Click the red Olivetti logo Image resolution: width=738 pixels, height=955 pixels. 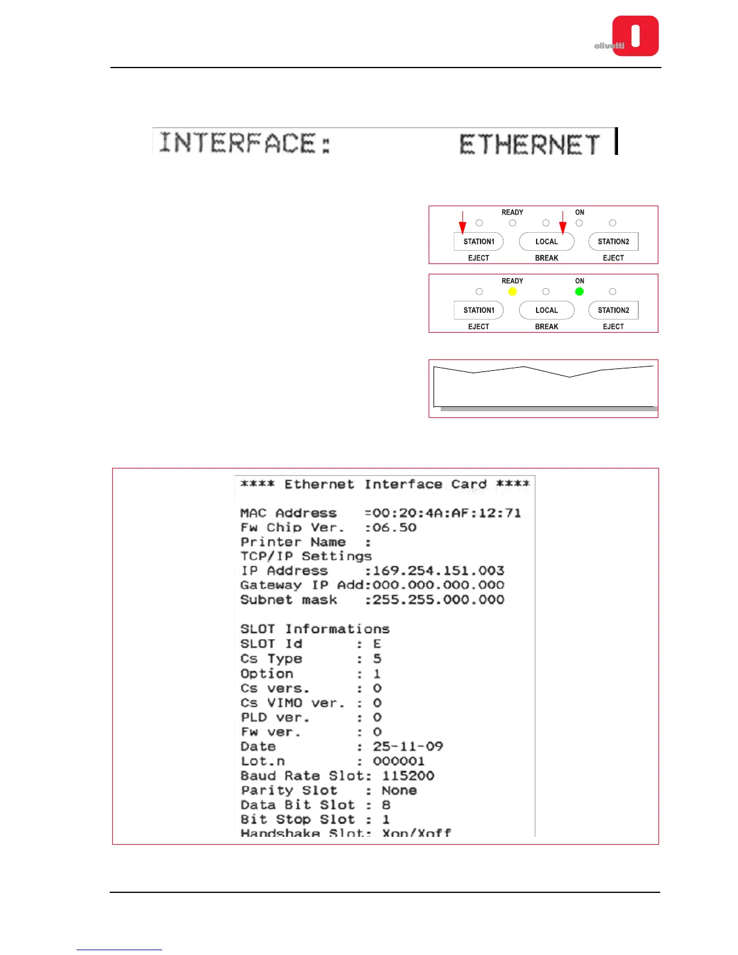635,36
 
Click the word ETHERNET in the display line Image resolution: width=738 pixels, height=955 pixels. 529,145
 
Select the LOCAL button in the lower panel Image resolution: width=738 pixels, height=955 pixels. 546,310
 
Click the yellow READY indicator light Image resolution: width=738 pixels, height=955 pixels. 512,292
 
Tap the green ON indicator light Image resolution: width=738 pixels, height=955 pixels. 579,292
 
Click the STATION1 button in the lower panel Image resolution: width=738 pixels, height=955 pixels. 479,310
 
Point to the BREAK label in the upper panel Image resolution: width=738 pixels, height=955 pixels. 546,258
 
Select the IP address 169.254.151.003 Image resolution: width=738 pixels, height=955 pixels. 438,570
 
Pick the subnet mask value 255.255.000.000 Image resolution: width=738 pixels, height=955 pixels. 438,599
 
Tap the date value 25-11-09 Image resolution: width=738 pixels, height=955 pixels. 408,746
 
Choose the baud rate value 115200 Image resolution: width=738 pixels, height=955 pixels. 408,776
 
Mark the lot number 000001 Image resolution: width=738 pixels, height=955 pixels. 399,761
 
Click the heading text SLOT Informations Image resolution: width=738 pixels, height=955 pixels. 315,629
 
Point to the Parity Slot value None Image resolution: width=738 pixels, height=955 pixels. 399,790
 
